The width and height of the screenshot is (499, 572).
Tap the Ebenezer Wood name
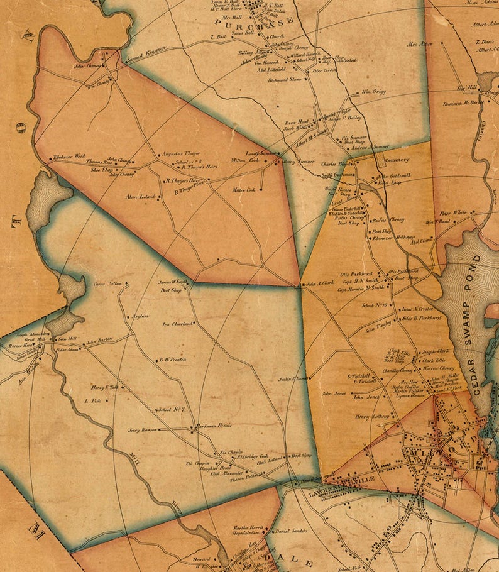(x=69, y=156)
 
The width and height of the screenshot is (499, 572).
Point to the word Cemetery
(x=397, y=160)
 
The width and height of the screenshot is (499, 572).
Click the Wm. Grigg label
(x=372, y=92)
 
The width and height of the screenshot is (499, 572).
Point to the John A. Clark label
(x=320, y=283)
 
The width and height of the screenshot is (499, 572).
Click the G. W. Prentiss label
(x=173, y=360)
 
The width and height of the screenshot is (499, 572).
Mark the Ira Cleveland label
(x=177, y=324)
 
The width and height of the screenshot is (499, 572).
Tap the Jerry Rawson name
(x=142, y=431)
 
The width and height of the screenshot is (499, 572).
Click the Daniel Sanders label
(x=292, y=531)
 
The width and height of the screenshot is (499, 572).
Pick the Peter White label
(x=453, y=212)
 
